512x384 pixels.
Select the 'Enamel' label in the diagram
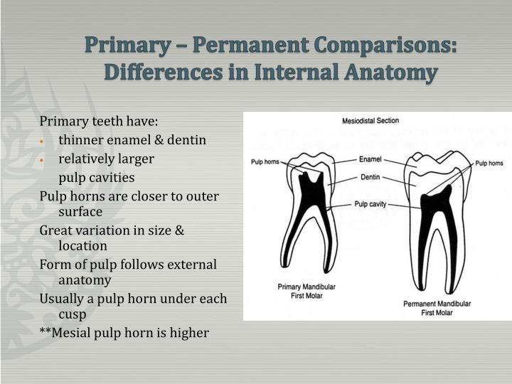370,159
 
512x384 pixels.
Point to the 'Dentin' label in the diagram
370,177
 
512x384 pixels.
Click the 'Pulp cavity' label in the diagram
370,204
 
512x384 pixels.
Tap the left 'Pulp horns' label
265,161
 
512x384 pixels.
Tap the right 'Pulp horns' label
489,163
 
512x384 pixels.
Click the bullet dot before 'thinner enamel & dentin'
43,141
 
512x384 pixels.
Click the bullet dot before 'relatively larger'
43,159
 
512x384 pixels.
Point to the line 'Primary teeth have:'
99,122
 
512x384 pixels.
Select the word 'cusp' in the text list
73,314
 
